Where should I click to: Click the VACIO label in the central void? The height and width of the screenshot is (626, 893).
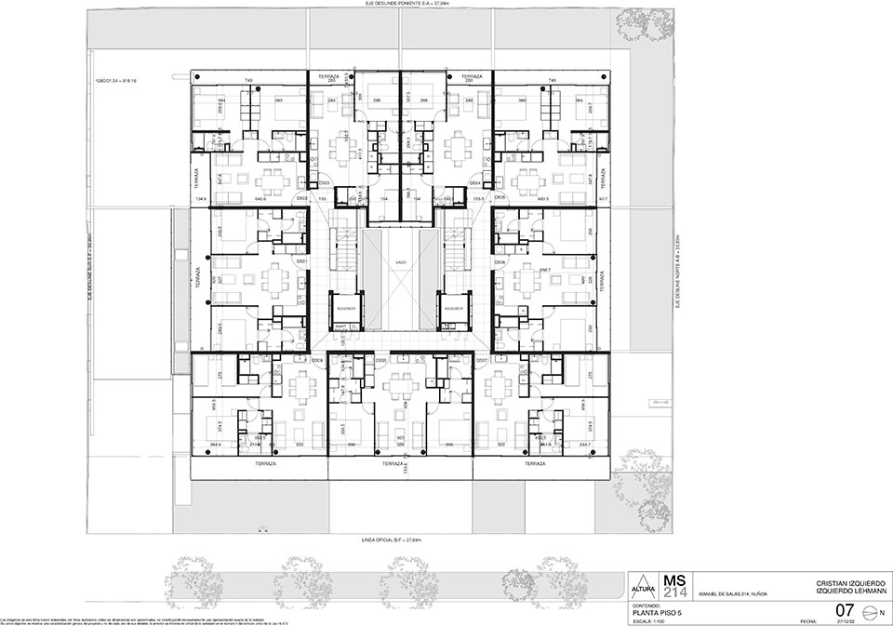tap(401, 263)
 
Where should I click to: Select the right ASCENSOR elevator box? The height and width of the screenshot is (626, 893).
tap(454, 307)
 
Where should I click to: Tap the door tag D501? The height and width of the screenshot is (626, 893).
tap(301, 262)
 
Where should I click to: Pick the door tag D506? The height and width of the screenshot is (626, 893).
tap(500, 262)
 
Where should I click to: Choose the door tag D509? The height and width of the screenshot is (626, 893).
tap(317, 359)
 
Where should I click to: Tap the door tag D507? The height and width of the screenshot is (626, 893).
tap(483, 359)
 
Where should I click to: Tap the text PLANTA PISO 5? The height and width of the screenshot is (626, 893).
tap(656, 612)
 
